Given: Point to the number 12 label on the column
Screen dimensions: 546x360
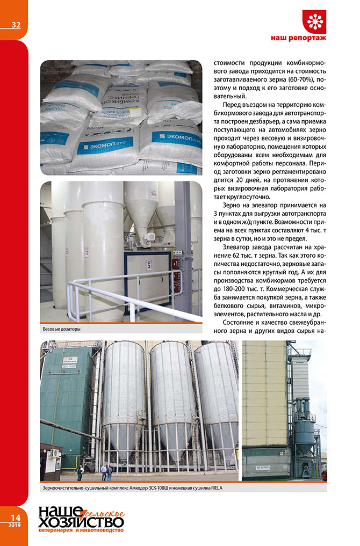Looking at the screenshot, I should click(87, 251).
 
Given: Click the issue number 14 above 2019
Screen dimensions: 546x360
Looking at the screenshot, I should click(15, 517).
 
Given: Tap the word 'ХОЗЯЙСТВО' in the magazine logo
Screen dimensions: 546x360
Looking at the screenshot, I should click(81, 521).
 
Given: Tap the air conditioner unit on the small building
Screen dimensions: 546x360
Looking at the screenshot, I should click(55, 454).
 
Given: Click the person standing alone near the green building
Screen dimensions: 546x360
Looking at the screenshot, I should click(81, 472).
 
